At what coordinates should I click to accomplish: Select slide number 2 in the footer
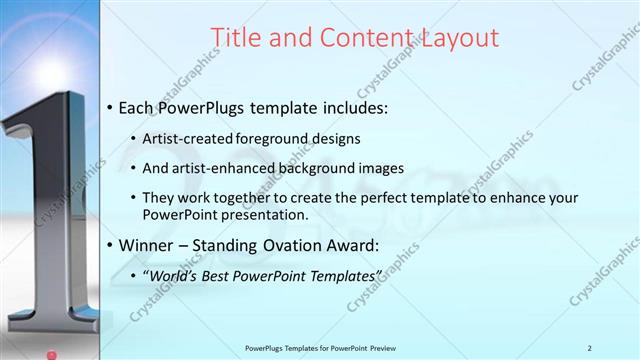589,348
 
